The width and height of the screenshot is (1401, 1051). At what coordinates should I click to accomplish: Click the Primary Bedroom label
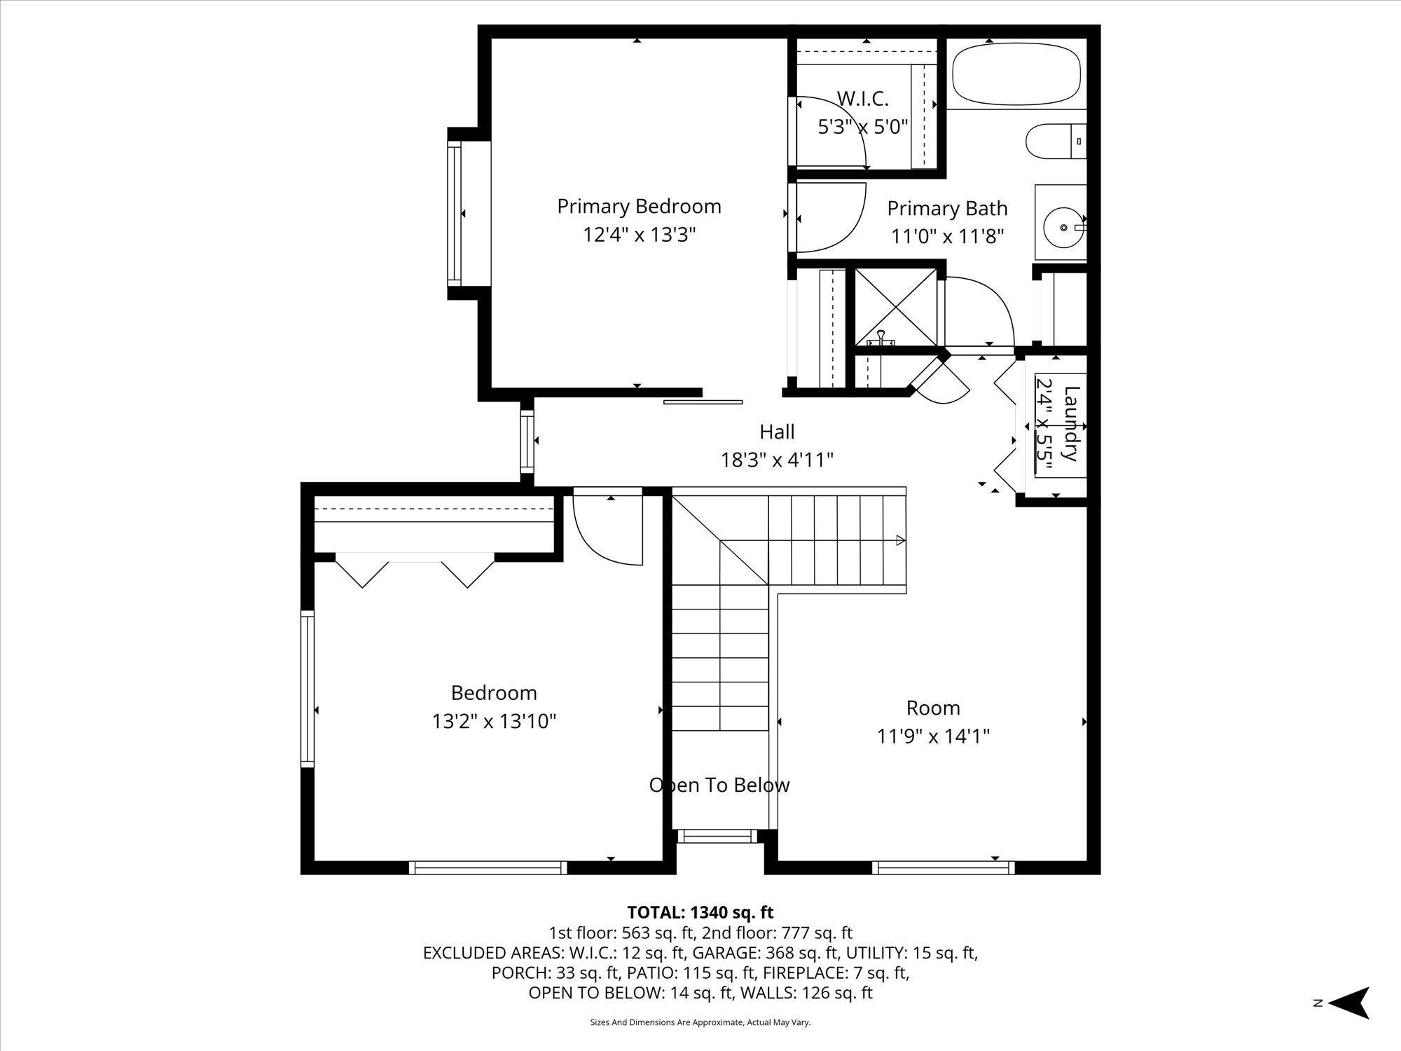[639, 207]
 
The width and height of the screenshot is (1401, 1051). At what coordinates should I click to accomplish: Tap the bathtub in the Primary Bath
[1016, 75]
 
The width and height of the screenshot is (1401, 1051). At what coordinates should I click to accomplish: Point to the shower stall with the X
[896, 306]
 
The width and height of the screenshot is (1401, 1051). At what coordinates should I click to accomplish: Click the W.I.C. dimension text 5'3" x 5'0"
[863, 127]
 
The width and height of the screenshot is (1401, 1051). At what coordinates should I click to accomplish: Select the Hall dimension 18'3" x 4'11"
[777, 460]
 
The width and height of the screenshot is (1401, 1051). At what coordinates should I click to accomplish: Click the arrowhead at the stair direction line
[901, 540]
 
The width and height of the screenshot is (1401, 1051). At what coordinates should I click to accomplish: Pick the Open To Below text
[719, 785]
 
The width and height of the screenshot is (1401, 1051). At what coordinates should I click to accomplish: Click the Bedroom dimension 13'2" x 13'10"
[494, 721]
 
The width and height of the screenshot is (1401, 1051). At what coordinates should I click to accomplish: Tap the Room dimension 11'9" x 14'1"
[933, 736]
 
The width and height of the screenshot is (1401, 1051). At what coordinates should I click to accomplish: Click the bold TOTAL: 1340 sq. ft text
[700, 912]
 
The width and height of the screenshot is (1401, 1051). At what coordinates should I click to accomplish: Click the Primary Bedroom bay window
[455, 213]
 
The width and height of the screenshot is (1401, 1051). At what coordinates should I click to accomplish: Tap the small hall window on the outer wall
[527, 441]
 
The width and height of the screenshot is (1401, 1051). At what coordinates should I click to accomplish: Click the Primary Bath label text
[947, 208]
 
